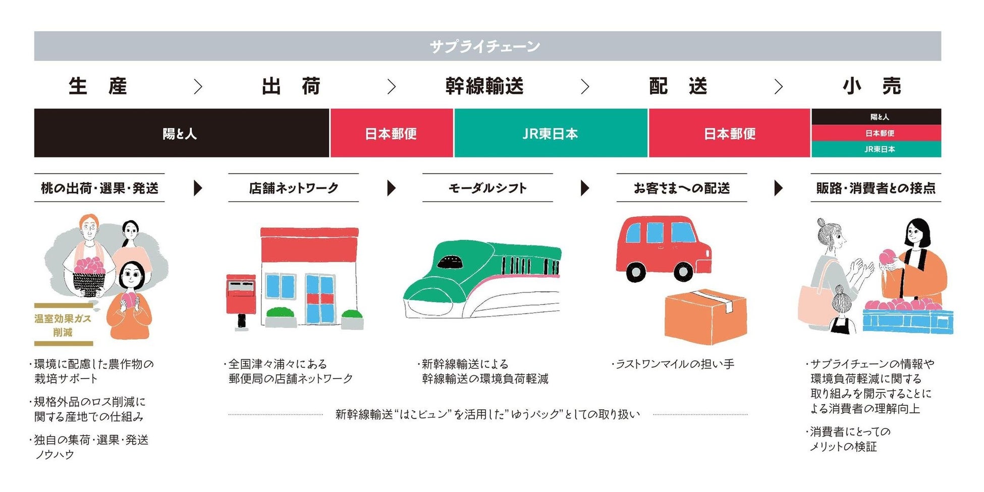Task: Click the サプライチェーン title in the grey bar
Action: click(x=485, y=46)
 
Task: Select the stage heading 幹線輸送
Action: click(x=484, y=86)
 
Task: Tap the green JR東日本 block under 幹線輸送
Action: click(x=550, y=134)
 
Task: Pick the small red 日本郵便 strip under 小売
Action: click(x=879, y=133)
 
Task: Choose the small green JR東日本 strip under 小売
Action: click(x=879, y=149)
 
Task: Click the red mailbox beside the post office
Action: click(x=241, y=295)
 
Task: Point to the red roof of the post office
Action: click(x=309, y=244)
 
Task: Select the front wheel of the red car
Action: click(x=683, y=272)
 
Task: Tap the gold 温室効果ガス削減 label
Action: click(x=63, y=325)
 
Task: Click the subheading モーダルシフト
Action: click(x=487, y=188)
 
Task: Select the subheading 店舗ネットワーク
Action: click(x=293, y=188)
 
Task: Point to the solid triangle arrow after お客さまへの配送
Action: click(x=778, y=188)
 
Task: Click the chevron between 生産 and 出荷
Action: click(x=198, y=87)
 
